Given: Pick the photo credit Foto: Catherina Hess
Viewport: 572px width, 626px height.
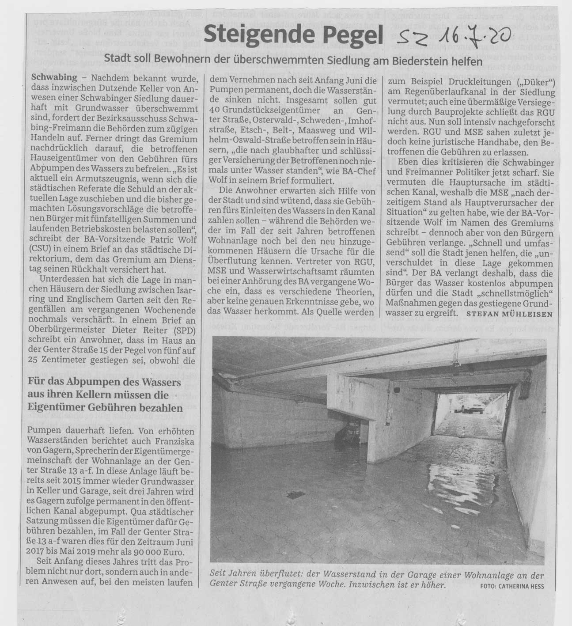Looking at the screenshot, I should pos(512,586).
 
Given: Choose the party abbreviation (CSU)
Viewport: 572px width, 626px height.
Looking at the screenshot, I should pos(42,249).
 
